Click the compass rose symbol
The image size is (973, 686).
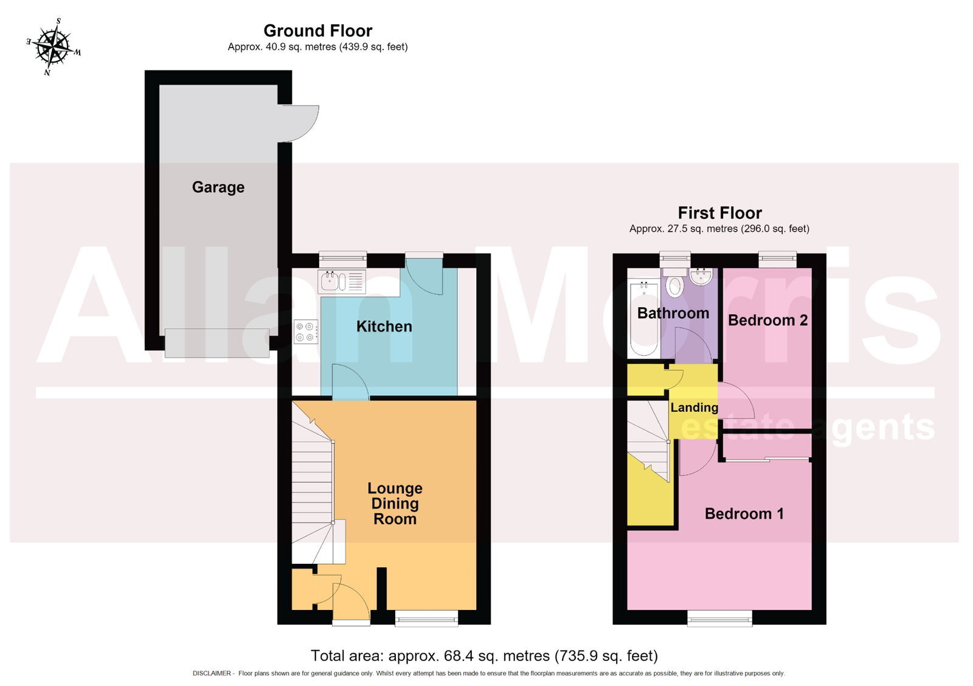click(x=54, y=46)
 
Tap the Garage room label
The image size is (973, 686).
click(x=218, y=187)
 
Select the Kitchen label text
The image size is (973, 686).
click(x=384, y=326)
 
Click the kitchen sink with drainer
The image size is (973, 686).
click(x=342, y=282)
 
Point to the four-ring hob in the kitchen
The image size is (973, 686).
click(x=306, y=332)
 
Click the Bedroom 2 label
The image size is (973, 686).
click(x=767, y=320)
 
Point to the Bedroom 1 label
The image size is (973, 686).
click(x=744, y=513)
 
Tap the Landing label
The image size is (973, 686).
click(x=694, y=407)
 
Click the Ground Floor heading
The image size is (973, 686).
click(x=318, y=31)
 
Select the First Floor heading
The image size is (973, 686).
click(x=720, y=213)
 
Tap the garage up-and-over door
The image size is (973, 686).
click(x=217, y=343)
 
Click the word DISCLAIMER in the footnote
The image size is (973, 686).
click(x=212, y=673)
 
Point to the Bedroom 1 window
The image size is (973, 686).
click(x=720, y=618)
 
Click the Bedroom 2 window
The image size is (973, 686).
click(x=778, y=260)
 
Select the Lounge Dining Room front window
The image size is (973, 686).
click(x=426, y=618)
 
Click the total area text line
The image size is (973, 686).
click(x=484, y=655)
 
